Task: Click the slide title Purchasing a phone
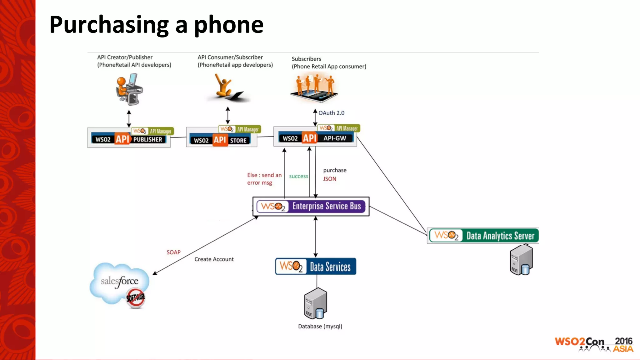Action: (156, 25)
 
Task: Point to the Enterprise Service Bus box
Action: (311, 206)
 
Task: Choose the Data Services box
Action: (316, 267)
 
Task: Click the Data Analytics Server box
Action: (483, 236)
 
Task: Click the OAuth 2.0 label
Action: (331, 113)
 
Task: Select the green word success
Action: (298, 176)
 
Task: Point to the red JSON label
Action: (329, 179)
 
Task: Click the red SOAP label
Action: (173, 252)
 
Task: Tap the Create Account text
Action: (214, 259)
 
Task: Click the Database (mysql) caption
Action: (320, 326)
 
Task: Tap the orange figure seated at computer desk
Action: (128, 89)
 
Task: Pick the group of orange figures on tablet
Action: (314, 87)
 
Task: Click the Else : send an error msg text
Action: (264, 179)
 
